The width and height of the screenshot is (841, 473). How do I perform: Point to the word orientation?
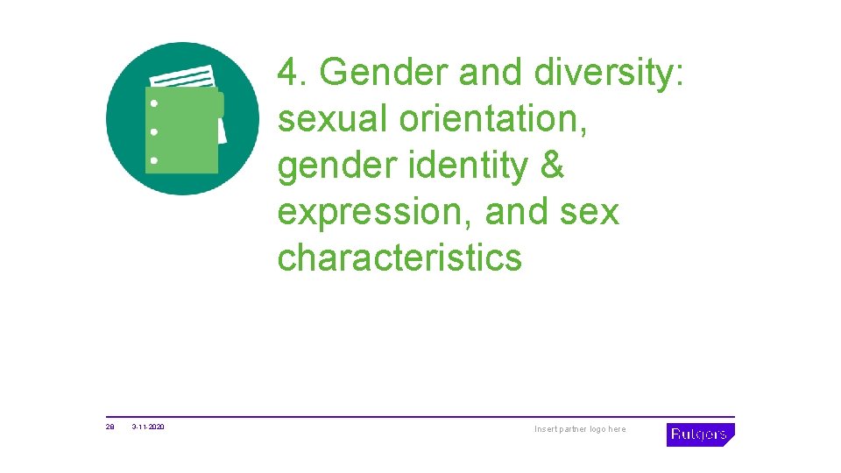click(x=493, y=119)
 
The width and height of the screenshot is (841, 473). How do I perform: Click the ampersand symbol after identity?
click(x=552, y=166)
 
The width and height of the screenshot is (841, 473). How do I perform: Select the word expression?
click(x=374, y=213)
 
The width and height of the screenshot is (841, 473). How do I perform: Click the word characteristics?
click(x=399, y=258)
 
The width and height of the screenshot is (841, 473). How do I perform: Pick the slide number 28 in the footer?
click(x=110, y=427)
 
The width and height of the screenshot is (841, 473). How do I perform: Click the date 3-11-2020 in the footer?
click(x=148, y=427)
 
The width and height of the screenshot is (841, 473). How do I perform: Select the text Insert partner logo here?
click(x=581, y=429)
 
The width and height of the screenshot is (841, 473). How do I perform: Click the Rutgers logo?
click(x=699, y=434)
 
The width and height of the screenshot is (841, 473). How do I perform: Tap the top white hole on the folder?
click(x=154, y=102)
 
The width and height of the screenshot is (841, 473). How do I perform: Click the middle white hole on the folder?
click(x=154, y=131)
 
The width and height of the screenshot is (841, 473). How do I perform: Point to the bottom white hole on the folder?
click(x=154, y=160)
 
